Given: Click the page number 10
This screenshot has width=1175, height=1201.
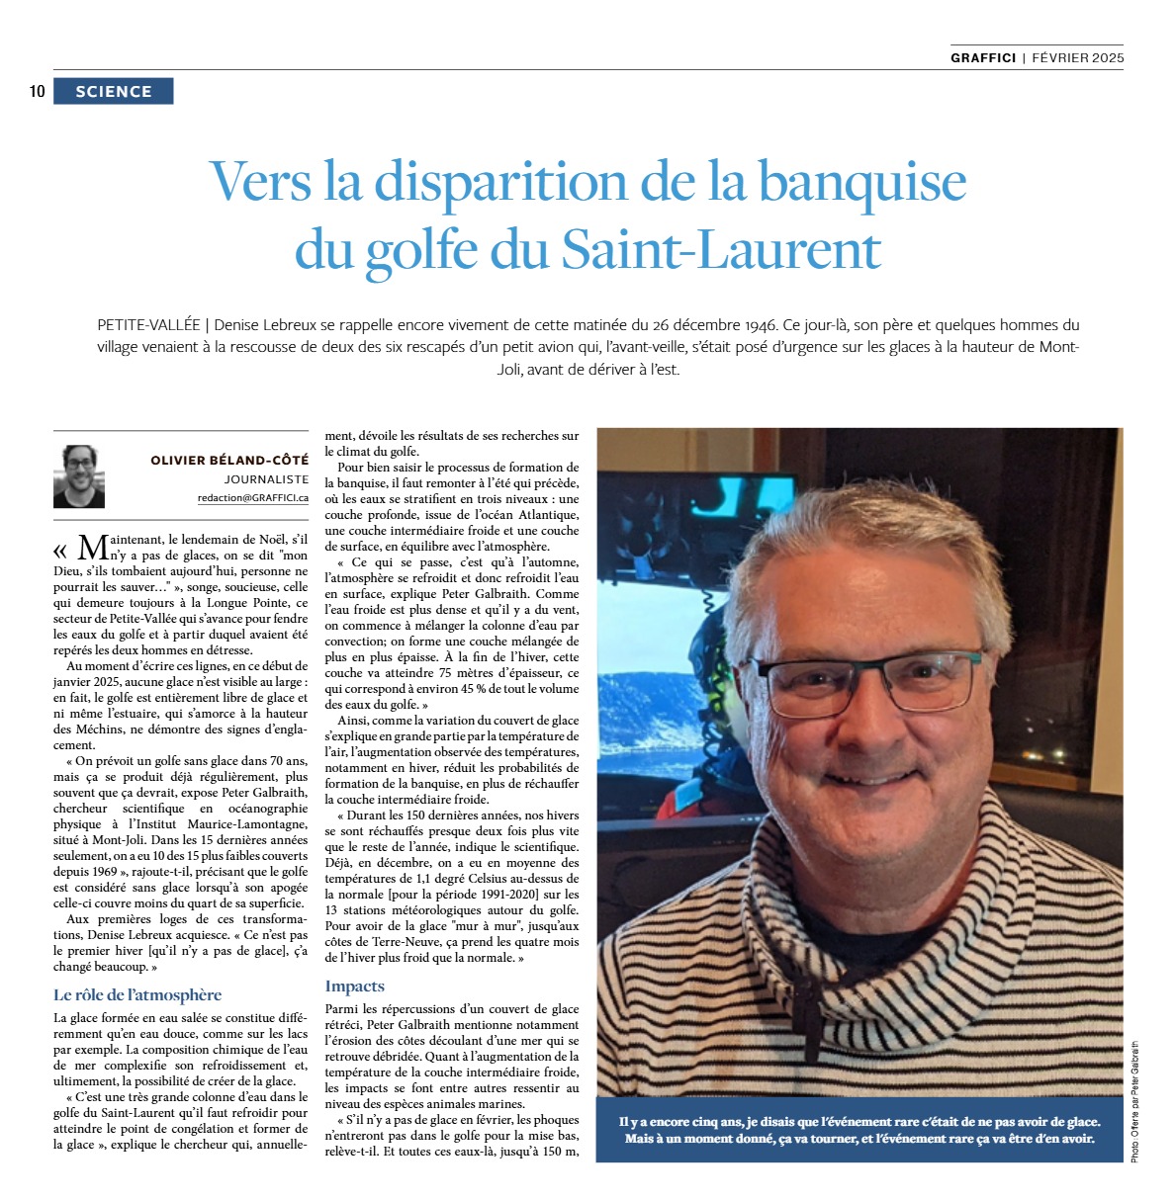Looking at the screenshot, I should (38, 92).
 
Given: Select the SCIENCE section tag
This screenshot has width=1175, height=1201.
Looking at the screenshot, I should (114, 92).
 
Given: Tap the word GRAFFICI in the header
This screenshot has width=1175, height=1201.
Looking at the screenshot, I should (982, 58).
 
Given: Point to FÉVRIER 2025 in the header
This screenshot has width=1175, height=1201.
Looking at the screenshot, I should (1077, 58).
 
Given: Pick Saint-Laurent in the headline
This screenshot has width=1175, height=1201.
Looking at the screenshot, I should (721, 250).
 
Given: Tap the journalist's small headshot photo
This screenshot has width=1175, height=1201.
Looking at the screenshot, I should (79, 475).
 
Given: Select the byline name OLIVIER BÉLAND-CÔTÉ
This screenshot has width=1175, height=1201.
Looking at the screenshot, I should (229, 460).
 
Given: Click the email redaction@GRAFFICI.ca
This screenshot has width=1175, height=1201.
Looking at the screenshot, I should (253, 499).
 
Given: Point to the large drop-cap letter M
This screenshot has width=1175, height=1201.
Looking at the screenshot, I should (92, 549).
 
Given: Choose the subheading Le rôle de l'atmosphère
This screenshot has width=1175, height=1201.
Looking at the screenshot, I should (137, 994).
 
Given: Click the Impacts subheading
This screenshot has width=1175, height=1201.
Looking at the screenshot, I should (354, 986).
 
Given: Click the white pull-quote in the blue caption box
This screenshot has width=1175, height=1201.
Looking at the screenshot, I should (859, 1130).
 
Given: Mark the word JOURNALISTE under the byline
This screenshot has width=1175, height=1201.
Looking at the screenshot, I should (266, 479).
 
